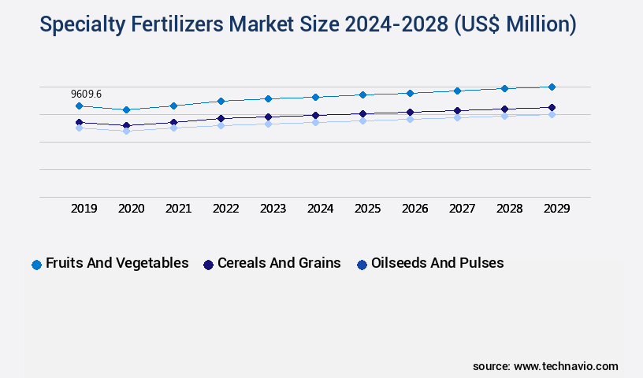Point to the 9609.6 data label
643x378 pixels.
(x=86, y=94)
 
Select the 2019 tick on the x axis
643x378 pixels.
(x=84, y=209)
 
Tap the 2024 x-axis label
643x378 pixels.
(x=321, y=209)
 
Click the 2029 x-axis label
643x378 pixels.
(x=556, y=209)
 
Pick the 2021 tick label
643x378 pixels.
(x=179, y=209)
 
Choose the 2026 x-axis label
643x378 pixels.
(x=415, y=209)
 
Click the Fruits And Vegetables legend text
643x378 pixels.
(x=117, y=263)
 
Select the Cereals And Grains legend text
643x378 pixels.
(x=279, y=263)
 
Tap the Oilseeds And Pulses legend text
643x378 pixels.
(x=437, y=263)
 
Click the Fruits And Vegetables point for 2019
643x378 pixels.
(x=79, y=106)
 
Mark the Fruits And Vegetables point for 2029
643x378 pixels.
(x=552, y=87)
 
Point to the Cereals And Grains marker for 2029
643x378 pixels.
(x=552, y=107)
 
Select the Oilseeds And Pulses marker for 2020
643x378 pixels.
(x=126, y=131)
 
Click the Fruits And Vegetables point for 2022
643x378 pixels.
(x=221, y=101)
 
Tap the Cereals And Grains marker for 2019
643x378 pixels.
(x=79, y=122)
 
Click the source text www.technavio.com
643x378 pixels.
(x=566, y=366)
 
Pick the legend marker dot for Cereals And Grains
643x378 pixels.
(x=208, y=265)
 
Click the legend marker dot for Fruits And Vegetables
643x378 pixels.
(x=36, y=265)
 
